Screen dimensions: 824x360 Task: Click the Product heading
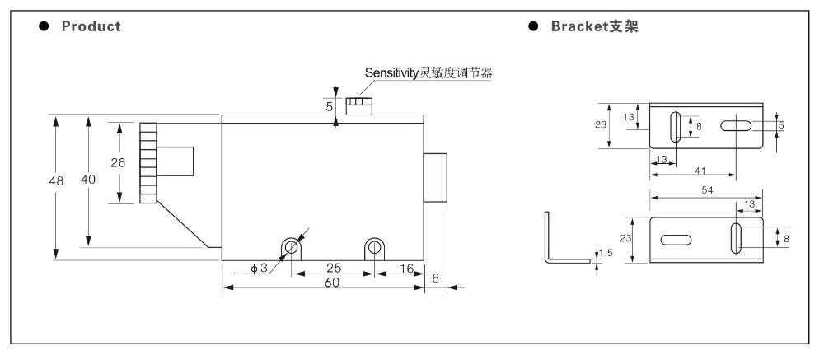[91, 26]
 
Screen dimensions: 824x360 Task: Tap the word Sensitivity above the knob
[390, 72]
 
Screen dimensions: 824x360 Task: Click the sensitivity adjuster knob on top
[359, 105]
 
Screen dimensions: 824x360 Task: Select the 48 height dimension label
[56, 181]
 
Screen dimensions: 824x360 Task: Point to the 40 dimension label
[88, 180]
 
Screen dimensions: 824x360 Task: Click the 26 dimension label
[118, 163]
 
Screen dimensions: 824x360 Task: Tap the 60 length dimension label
[331, 283]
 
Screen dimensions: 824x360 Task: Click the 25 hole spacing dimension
[333, 268]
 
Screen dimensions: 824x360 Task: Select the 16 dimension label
[406, 268]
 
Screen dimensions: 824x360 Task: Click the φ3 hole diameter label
[259, 268]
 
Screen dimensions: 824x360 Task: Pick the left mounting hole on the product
[291, 246]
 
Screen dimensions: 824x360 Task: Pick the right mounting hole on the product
[374, 246]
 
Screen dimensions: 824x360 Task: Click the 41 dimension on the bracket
[700, 171]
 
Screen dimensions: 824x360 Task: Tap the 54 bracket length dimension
[707, 191]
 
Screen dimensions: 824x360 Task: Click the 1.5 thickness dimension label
[606, 253]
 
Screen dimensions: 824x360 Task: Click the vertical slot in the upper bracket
[676, 127]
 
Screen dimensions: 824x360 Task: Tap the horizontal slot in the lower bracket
[676, 241]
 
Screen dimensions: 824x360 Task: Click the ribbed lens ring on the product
[148, 163]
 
